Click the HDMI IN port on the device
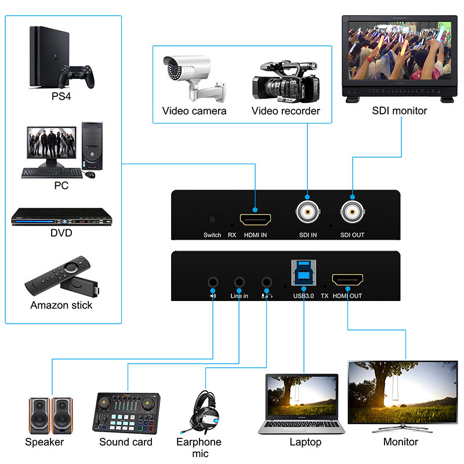pos(256,219)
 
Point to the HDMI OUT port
pos(347,281)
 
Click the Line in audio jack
pos(239,282)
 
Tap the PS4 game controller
pos(77,76)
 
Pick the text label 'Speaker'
pos(45,442)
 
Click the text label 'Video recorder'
pos(285,111)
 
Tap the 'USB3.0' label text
pos(303,295)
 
